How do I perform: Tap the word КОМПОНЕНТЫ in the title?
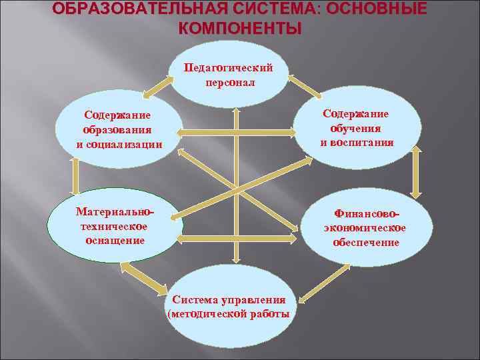point(240,29)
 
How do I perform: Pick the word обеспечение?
point(366,242)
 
